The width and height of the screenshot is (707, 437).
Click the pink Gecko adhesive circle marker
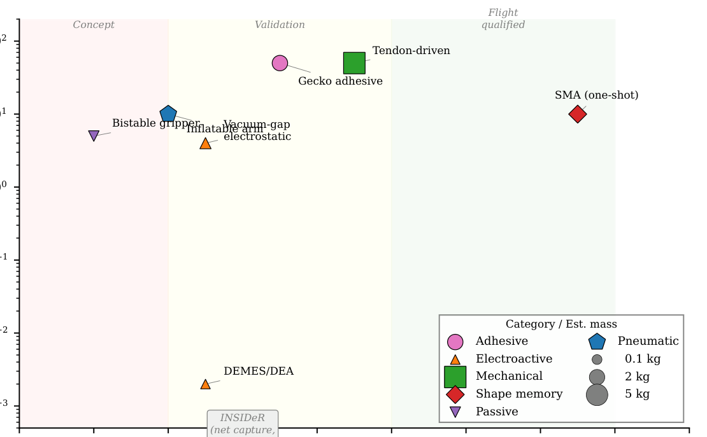click(x=280, y=63)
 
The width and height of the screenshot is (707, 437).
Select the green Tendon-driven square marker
click(x=354, y=63)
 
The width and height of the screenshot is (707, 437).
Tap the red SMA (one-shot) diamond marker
click(x=578, y=114)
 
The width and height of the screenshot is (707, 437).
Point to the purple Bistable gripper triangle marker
click(x=94, y=135)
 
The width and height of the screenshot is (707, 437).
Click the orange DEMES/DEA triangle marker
click(x=205, y=384)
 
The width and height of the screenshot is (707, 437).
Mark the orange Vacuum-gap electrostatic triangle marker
click(x=205, y=144)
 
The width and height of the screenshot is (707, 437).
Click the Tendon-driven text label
click(x=411, y=51)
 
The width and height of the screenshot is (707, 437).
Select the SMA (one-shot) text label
click(x=596, y=95)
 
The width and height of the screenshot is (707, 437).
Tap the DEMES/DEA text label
click(x=259, y=371)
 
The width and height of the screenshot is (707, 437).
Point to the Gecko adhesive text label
click(x=340, y=81)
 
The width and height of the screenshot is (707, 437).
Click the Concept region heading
click(x=94, y=25)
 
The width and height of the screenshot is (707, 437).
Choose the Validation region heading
click(x=280, y=25)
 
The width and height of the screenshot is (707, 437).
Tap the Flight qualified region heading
click(x=503, y=19)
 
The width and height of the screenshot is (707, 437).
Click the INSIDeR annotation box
click(x=243, y=424)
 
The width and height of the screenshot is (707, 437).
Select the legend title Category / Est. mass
click(x=561, y=324)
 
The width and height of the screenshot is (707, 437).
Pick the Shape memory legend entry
click(x=519, y=394)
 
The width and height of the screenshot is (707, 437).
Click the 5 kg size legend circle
click(x=597, y=395)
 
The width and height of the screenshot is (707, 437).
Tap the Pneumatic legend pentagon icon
click(x=597, y=342)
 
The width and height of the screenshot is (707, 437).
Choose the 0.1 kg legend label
click(x=643, y=359)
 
